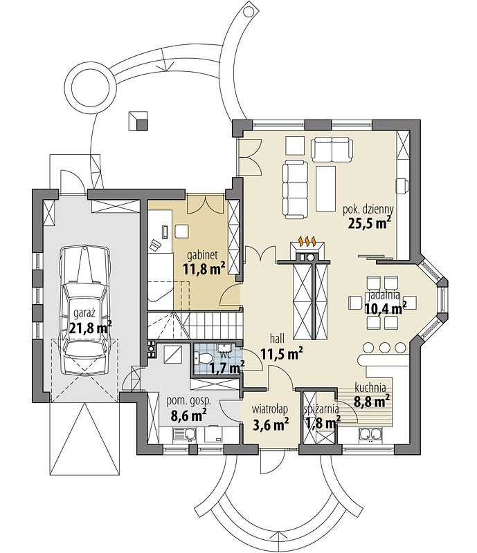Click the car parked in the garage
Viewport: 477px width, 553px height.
pyautogui.click(x=84, y=311)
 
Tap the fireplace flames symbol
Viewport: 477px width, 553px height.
pyautogui.click(x=307, y=241)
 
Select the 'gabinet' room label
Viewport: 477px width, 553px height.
pyautogui.click(x=202, y=254)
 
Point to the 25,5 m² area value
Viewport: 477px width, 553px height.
pyautogui.click(x=369, y=223)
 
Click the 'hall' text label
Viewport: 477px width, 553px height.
pyautogui.click(x=277, y=339)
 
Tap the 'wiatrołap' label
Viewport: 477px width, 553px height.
pyautogui.click(x=269, y=409)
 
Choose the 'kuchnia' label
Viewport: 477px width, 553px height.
pyautogui.click(x=370, y=388)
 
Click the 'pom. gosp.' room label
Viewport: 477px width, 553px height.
pyautogui.click(x=189, y=401)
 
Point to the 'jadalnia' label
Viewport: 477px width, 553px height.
pyautogui.click(x=384, y=295)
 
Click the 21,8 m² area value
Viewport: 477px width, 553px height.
pyautogui.click(x=91, y=328)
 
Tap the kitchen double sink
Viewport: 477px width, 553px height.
pyautogui.click(x=370, y=435)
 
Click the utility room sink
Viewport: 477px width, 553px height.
pyautogui.click(x=184, y=435)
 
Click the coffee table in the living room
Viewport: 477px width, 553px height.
pyautogui.click(x=325, y=189)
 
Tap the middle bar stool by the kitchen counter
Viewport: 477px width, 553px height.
pyautogui.click(x=384, y=348)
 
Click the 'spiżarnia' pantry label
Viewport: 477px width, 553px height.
pyautogui.click(x=321, y=409)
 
